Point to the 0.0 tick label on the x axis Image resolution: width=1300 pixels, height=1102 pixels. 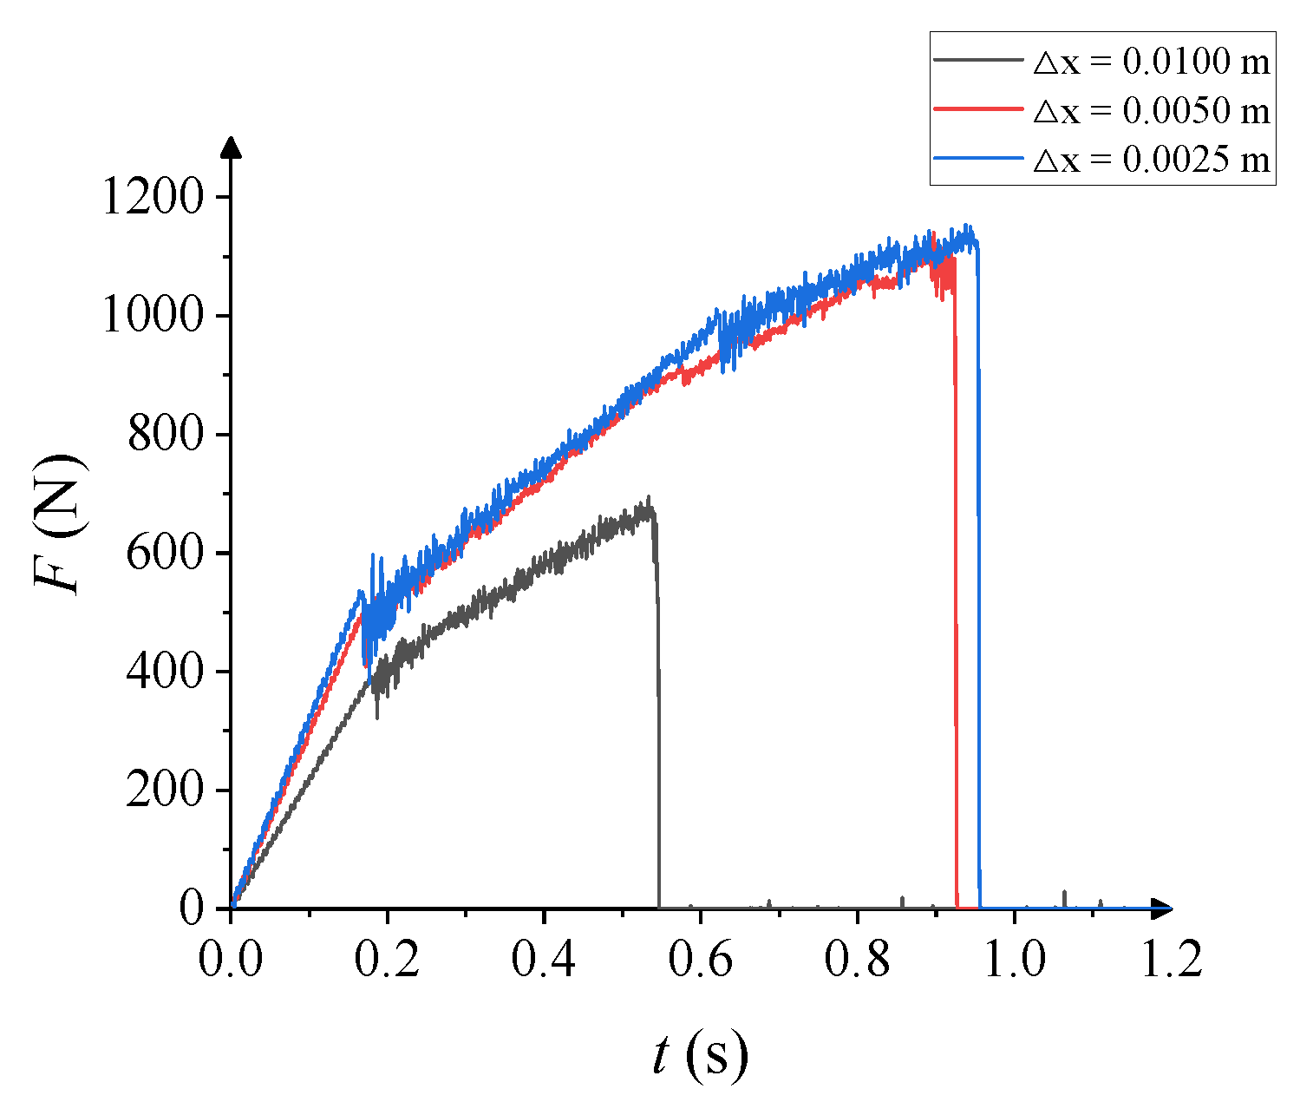(232, 961)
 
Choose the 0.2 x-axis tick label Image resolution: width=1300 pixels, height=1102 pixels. (388, 961)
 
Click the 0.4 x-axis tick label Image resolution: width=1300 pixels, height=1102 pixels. (544, 961)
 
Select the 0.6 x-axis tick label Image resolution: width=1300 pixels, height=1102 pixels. (701, 961)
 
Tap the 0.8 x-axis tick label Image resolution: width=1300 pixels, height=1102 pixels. (857, 961)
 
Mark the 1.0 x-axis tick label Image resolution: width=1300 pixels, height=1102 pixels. (1014, 961)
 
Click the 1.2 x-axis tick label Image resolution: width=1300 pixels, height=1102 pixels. (1170, 961)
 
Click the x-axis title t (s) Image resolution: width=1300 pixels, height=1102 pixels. (700, 1056)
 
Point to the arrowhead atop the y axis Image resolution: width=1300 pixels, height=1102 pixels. (232, 147)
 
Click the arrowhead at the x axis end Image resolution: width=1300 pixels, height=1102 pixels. (1162, 908)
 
